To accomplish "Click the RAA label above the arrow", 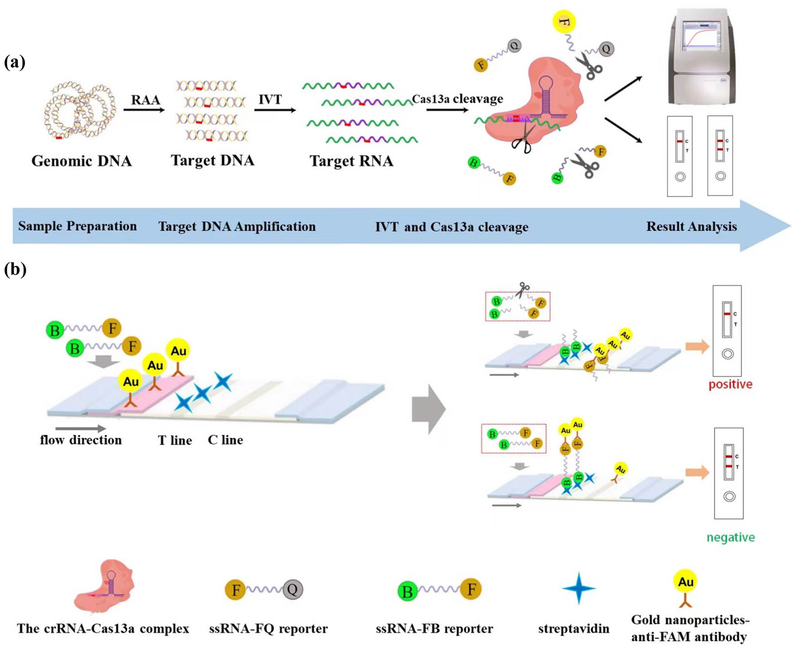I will click(x=145, y=99).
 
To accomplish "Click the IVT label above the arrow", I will click(x=270, y=99).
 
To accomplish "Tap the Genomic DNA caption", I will click(x=81, y=161).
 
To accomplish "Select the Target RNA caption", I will click(x=351, y=161).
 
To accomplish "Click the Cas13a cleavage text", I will click(x=457, y=98).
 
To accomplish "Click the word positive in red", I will click(x=730, y=384).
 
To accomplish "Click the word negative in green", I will click(x=731, y=537).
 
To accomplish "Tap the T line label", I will click(x=175, y=440).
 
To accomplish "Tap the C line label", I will click(x=225, y=440).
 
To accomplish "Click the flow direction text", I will click(x=81, y=440).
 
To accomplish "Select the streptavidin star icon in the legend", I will click(x=579, y=588).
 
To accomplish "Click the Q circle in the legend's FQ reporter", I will click(x=293, y=589).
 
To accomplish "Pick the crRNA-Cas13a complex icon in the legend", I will click(x=105, y=586).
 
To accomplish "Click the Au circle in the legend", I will click(x=685, y=581).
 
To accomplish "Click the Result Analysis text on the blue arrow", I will click(x=691, y=226).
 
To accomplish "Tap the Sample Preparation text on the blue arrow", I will click(x=77, y=226).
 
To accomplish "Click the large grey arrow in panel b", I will click(x=428, y=409).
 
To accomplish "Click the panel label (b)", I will click(x=15, y=269).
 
